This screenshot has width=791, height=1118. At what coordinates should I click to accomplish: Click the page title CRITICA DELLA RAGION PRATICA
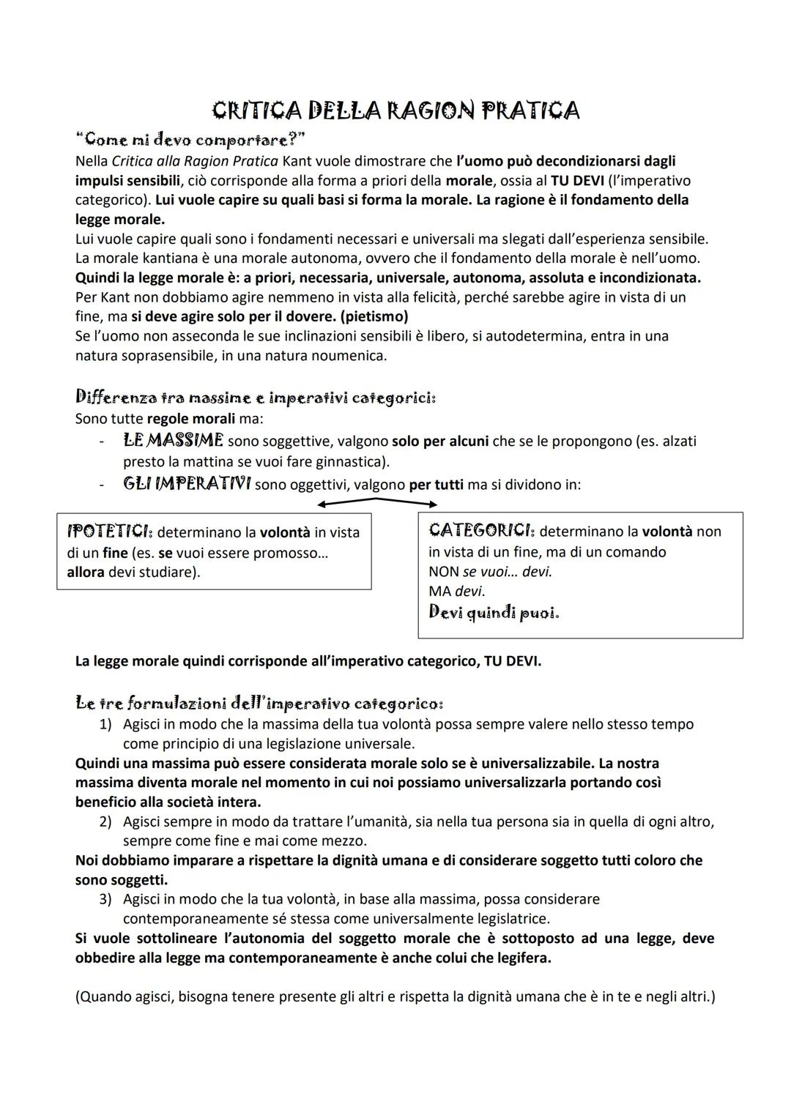395,111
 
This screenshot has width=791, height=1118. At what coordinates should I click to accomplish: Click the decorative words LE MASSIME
173,441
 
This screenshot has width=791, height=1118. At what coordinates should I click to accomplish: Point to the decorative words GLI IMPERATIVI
187,484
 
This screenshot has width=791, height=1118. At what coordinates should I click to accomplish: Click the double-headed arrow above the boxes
377,502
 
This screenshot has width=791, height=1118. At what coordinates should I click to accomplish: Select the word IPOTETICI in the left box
108,532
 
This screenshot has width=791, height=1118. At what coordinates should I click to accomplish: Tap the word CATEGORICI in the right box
481,531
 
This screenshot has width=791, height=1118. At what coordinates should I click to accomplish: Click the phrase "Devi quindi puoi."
494,612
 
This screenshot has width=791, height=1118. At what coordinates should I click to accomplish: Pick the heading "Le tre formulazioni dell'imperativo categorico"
259,704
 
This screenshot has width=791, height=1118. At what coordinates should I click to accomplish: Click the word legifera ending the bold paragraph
521,958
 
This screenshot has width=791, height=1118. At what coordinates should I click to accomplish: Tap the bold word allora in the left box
85,572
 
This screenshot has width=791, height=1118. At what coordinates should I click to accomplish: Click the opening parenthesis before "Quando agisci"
78,997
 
